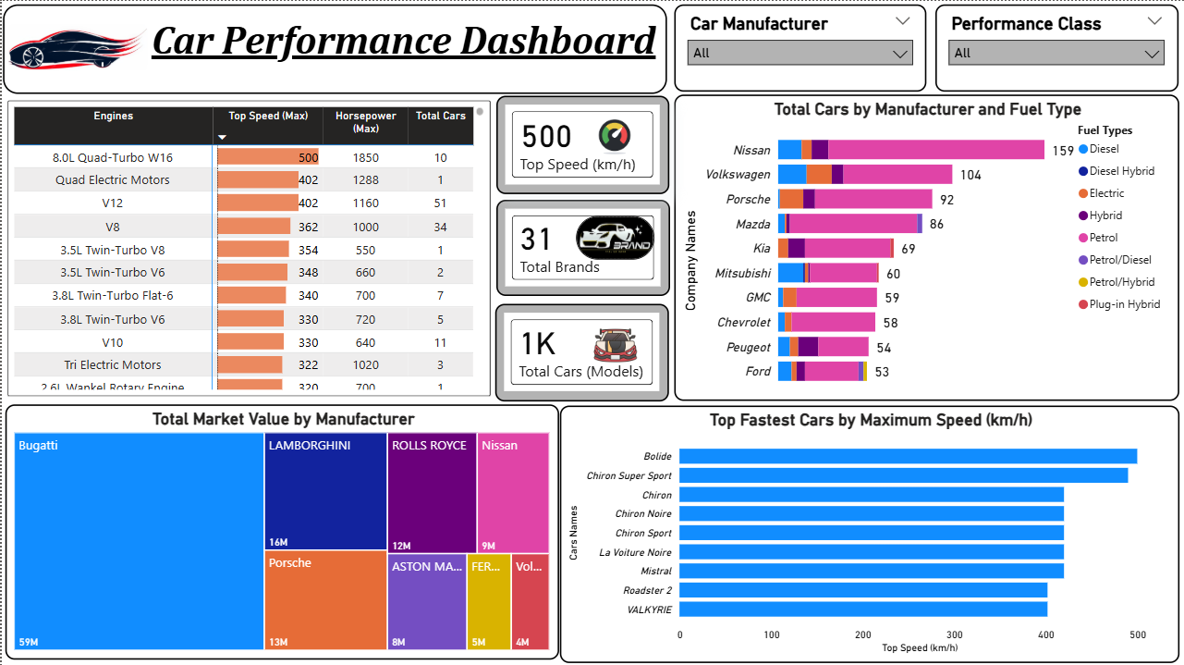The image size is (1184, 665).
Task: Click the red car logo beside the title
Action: point(76,47)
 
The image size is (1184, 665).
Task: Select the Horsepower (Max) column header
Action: point(365,122)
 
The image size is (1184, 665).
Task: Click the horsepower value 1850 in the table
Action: point(365,157)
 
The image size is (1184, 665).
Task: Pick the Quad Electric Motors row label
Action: point(113,180)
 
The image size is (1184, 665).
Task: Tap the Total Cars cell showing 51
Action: point(440,203)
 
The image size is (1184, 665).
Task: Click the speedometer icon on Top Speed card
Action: point(615,136)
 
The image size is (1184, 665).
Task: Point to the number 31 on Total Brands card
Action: point(536,240)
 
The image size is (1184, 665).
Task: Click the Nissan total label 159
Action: point(1062,151)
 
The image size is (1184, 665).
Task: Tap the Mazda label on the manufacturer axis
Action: point(752,225)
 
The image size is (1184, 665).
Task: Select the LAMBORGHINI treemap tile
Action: point(325,491)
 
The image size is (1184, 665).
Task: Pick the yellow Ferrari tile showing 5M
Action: point(488,601)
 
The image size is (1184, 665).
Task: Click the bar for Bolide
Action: point(908,456)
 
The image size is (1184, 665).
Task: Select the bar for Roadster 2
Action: point(862,590)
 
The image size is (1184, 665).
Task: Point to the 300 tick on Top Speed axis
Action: point(954,635)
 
